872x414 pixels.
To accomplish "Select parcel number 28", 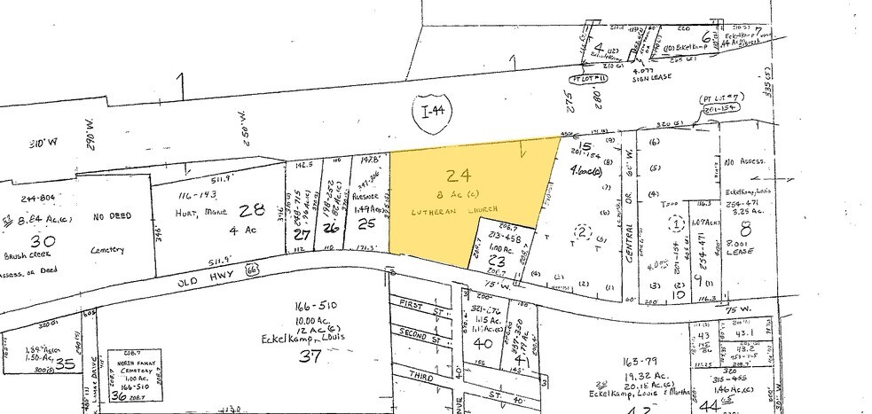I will click(x=256, y=209).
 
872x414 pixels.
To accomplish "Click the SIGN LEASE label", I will click(x=648, y=76).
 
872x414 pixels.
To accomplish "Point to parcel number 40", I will click(x=483, y=343).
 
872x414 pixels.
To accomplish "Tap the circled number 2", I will click(x=582, y=232).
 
